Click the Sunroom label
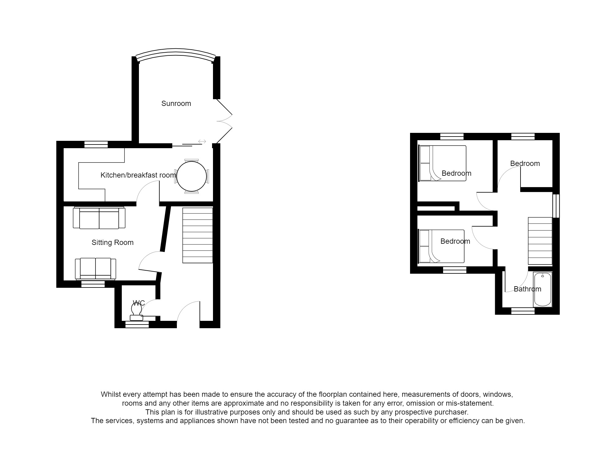tap(176, 103)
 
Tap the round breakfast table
tap(192, 176)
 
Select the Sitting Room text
tap(112, 242)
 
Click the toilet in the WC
tap(136, 312)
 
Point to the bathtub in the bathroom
tap(543, 289)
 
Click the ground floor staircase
tap(197, 235)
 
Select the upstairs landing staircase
tap(540, 241)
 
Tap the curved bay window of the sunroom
tap(176, 53)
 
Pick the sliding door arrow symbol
tap(202, 141)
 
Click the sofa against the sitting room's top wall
tap(99, 218)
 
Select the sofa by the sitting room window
tap(95, 268)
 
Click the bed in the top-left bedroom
tap(442, 163)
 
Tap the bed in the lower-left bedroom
tap(441, 246)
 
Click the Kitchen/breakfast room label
tap(138, 175)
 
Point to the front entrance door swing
tap(188, 312)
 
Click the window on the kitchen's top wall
tap(96, 144)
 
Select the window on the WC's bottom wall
tap(137, 325)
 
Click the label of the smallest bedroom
tap(525, 163)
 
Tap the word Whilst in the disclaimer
tap(111, 394)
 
